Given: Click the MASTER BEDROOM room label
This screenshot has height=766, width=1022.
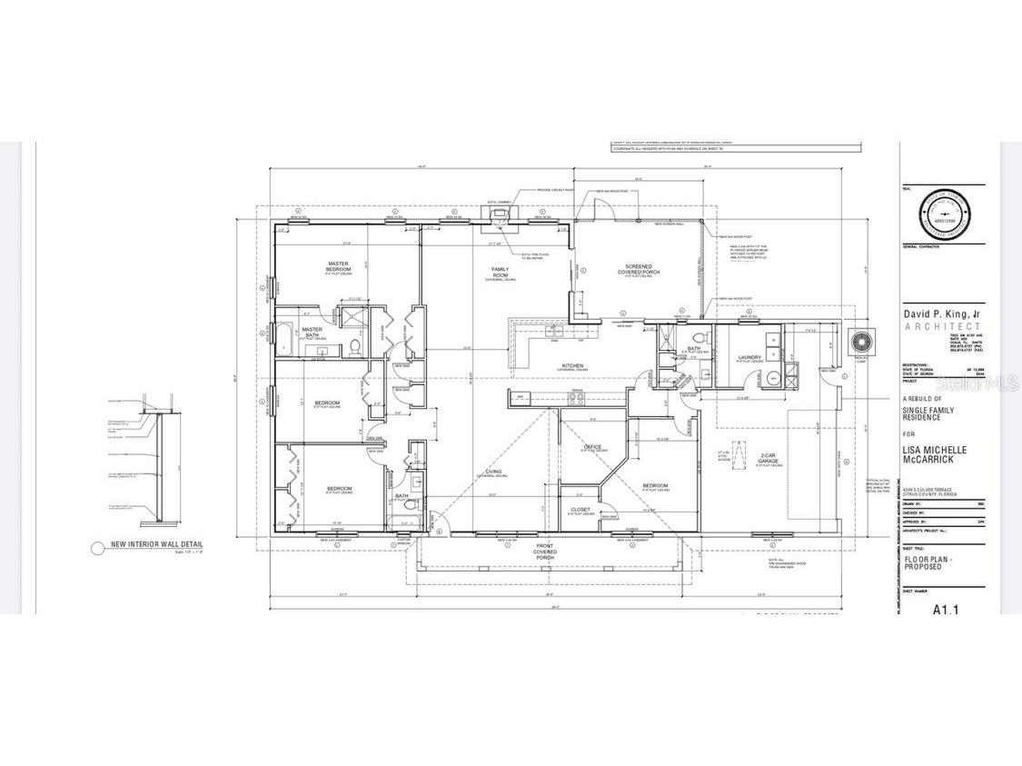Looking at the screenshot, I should [339, 267].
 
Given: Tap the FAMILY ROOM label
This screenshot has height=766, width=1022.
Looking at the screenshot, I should [500, 272].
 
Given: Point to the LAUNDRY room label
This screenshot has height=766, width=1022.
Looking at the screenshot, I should [749, 357].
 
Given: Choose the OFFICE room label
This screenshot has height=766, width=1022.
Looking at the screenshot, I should [593, 447].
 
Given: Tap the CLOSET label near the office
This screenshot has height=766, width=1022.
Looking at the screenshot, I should [580, 510].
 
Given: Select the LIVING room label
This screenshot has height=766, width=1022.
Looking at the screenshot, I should [494, 472].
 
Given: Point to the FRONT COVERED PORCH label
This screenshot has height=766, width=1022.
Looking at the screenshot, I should [545, 552].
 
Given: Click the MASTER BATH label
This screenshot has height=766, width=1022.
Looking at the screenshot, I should [313, 331].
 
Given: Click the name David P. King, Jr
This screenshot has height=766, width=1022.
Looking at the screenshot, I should [941, 313].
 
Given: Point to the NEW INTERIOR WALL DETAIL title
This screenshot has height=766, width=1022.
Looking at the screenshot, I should [156, 545].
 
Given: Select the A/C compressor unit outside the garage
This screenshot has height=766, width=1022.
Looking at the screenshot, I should [858, 343].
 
